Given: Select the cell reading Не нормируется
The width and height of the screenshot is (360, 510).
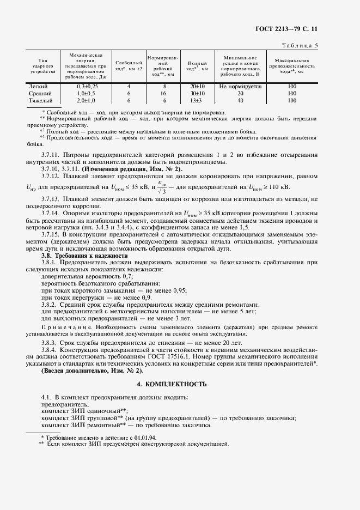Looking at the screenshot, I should click(x=240, y=86).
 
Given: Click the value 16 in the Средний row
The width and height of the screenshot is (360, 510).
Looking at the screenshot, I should click(x=163, y=93).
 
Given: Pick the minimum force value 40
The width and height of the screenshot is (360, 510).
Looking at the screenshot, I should click(x=240, y=100).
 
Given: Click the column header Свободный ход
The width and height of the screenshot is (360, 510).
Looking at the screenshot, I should click(x=129, y=66).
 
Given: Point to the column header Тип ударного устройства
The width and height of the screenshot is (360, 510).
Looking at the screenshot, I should click(x=40, y=66).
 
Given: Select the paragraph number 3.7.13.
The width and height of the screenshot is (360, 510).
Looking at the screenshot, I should click(x=51, y=200).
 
